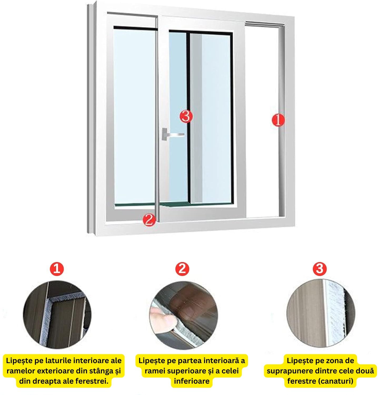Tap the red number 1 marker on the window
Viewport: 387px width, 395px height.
click(278, 120)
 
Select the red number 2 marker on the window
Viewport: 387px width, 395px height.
click(149, 220)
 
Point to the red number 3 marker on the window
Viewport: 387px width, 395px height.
click(186, 116)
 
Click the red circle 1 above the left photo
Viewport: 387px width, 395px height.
click(57, 269)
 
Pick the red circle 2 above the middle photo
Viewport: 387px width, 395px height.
click(182, 269)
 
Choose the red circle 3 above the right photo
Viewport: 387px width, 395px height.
click(320, 269)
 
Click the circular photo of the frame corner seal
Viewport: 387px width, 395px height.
click(57, 315)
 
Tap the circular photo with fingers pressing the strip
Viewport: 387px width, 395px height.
click(184, 315)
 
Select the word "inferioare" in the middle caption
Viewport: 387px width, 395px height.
click(192, 381)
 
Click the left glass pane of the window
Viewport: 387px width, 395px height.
click(134, 116)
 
